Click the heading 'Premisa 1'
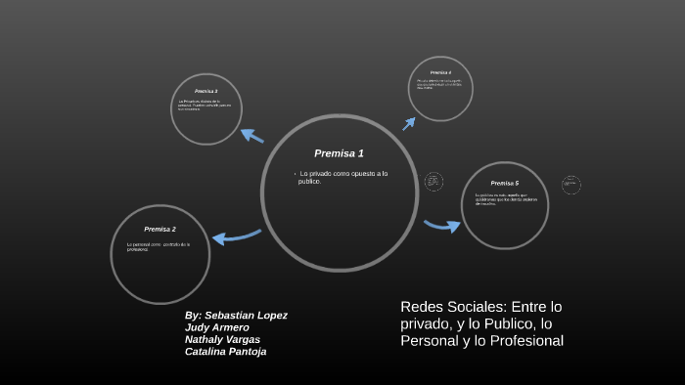pos(339,153)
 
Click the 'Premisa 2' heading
pos(160,229)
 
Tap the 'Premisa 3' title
pos(205,91)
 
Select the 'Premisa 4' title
pos(440,72)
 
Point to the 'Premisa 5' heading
pos(505,183)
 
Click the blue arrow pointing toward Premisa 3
pos(251,135)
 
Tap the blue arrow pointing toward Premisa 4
pos(409,123)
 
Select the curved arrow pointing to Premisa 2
pos(235,236)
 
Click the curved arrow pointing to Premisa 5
pos(442,226)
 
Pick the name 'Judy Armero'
pos(216,327)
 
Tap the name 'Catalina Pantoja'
pos(225,351)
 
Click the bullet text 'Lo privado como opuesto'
pos(342,174)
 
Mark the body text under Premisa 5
pos(502,198)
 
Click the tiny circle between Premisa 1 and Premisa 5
pos(434,182)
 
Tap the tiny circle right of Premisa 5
pos(571,185)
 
